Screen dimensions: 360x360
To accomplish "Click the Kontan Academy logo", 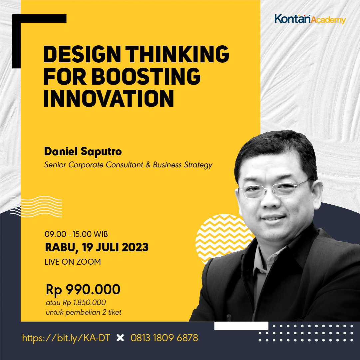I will click(x=310, y=19).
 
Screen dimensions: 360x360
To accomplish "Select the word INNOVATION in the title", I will click(x=109, y=98).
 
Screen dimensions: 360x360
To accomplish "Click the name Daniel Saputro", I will click(x=83, y=152).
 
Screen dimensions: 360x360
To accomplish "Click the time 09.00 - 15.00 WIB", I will click(x=76, y=234).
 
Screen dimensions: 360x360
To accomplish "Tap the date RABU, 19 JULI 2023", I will click(x=97, y=248).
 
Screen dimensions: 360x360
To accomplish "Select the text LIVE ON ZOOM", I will click(x=73, y=262).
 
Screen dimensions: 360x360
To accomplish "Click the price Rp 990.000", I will click(x=83, y=290).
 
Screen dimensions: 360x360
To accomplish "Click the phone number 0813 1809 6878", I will click(x=164, y=338).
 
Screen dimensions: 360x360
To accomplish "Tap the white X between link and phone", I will click(x=120, y=338).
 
